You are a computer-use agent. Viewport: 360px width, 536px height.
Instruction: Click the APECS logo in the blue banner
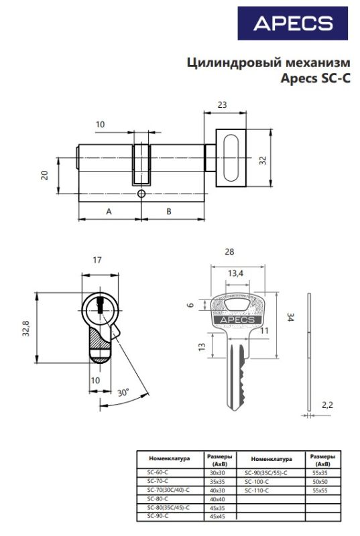point(293,23)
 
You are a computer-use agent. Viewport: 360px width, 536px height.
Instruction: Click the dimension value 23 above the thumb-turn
point(222,105)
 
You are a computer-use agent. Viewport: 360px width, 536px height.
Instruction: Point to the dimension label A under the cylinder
point(109,212)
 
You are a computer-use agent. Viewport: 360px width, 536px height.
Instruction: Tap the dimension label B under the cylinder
point(168,212)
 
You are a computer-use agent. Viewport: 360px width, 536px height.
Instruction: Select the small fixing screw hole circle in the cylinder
point(141,194)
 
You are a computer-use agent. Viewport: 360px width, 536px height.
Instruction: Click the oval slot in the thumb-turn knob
point(231,158)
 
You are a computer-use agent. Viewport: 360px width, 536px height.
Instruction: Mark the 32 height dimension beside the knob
point(262,160)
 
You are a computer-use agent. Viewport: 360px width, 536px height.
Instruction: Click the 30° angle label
point(123,393)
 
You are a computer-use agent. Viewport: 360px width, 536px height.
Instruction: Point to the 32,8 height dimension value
point(26,328)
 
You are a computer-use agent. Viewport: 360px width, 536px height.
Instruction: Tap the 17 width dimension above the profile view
point(97,260)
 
